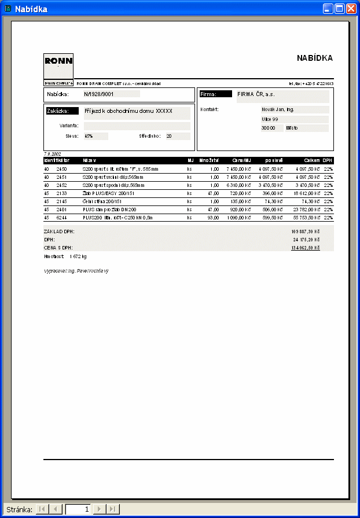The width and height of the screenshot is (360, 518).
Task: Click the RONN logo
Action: pyautogui.click(x=58, y=61)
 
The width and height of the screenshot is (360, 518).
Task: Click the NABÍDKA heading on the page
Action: pyautogui.click(x=314, y=58)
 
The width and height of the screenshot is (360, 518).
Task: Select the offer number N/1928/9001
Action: pyautogui.click(x=98, y=93)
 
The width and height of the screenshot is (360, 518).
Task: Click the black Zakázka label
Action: pyautogui.click(x=62, y=111)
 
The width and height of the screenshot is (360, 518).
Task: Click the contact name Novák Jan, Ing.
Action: pyautogui.click(x=278, y=109)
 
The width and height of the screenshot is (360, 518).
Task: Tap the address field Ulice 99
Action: pyautogui.click(x=270, y=119)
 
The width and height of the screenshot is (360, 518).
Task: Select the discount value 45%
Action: pyautogui.click(x=89, y=136)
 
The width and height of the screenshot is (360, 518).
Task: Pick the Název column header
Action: pyautogui.click(x=89, y=160)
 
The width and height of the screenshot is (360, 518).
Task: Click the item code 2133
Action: pyautogui.click(x=61, y=193)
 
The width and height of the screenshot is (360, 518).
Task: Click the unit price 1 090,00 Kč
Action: pyautogui.click(x=238, y=218)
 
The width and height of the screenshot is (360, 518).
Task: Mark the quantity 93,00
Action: pyautogui.click(x=213, y=218)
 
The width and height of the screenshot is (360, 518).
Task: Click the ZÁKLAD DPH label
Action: pyautogui.click(x=59, y=231)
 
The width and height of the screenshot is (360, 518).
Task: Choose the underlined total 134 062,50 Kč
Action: pyautogui.click(x=305, y=247)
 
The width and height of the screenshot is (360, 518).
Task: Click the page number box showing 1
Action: pyautogui.click(x=78, y=509)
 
